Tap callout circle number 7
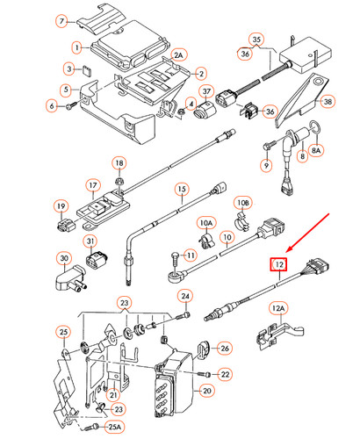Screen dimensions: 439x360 [61, 20]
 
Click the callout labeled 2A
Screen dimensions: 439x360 [179, 54]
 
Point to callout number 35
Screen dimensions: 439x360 [256, 40]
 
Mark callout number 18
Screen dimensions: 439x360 [119, 164]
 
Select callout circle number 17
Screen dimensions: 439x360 [91, 185]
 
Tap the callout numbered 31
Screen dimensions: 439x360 [90, 242]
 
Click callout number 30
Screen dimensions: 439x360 [64, 258]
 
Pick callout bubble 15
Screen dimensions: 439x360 [181, 189]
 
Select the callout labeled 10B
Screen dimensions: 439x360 [242, 203]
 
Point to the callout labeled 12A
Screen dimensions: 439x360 [278, 308]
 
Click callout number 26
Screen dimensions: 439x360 [223, 349]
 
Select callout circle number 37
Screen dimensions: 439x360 [207, 93]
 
